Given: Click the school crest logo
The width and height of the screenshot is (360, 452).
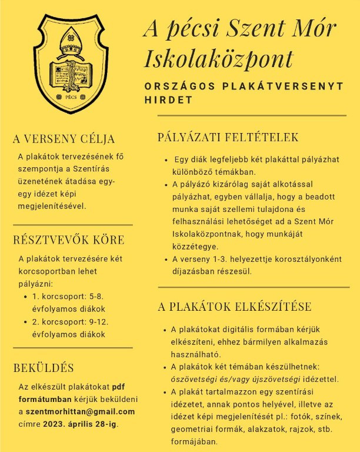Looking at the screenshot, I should tap(71, 64).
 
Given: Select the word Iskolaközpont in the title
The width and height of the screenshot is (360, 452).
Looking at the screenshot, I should tap(218, 58).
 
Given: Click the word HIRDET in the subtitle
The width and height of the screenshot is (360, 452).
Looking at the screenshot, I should tap(169, 100).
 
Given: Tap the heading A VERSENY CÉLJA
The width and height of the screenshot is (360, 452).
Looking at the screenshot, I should tap(64, 139).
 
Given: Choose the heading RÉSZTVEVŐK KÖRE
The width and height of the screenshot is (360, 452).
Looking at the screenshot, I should tap(69, 240).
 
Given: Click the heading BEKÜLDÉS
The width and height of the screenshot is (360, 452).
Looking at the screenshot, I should tap(44, 368).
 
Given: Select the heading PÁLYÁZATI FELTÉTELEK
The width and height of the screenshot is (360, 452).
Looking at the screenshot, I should tap(228, 138).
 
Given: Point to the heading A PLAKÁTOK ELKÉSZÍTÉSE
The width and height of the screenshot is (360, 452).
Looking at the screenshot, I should tap(235, 307).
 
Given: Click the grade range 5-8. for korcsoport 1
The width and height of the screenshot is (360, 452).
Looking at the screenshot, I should tap(96, 296).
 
